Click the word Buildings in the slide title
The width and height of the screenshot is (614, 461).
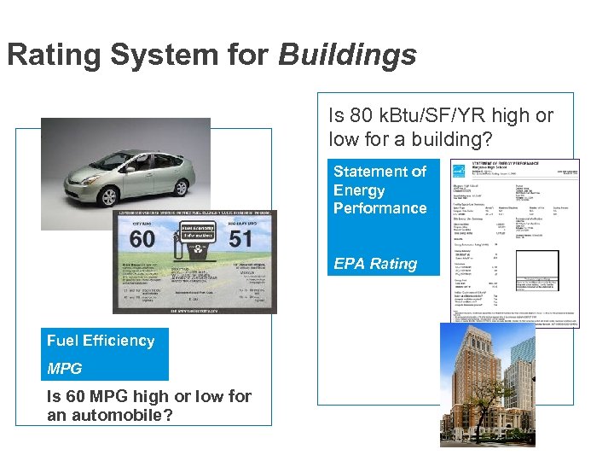[347, 55]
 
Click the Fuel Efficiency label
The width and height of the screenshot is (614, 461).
[101, 341]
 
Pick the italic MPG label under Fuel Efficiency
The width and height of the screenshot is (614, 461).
[65, 369]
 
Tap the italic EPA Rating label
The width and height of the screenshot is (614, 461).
[375, 264]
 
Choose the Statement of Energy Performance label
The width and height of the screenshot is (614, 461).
[379, 190]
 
